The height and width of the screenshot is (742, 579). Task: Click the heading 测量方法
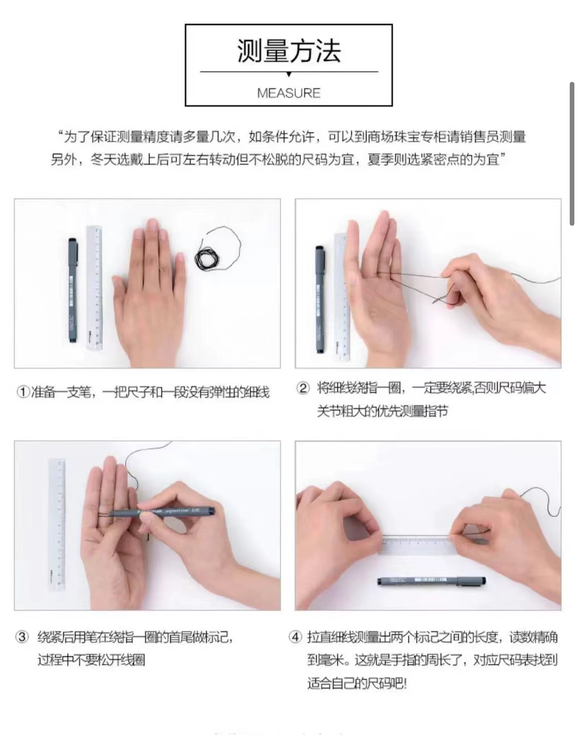coord(289,51)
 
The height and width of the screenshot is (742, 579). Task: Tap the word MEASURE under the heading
coord(289,93)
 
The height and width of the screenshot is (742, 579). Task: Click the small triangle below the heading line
coord(289,74)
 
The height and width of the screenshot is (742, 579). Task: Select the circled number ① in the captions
coord(23,392)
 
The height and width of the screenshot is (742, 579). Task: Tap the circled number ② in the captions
coord(303,388)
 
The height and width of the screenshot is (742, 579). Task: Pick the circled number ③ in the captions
coord(22,637)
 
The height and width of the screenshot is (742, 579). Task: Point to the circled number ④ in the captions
coord(295,637)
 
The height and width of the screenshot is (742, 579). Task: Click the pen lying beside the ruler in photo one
coord(73,290)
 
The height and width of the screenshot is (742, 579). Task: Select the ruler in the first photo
coord(94,288)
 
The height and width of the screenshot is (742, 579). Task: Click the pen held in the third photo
coord(162,512)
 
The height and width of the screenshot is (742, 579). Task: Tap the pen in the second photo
coord(320,299)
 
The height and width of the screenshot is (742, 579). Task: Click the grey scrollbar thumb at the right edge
coord(572,154)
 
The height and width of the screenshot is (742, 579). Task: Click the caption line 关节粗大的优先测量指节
coord(382,411)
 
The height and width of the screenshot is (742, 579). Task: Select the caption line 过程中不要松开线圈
coord(92,660)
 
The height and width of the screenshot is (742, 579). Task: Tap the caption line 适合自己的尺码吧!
coord(357,683)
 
